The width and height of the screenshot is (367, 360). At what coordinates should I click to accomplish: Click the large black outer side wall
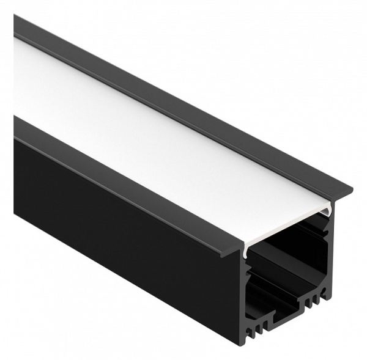pyautogui.click(x=122, y=244)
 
